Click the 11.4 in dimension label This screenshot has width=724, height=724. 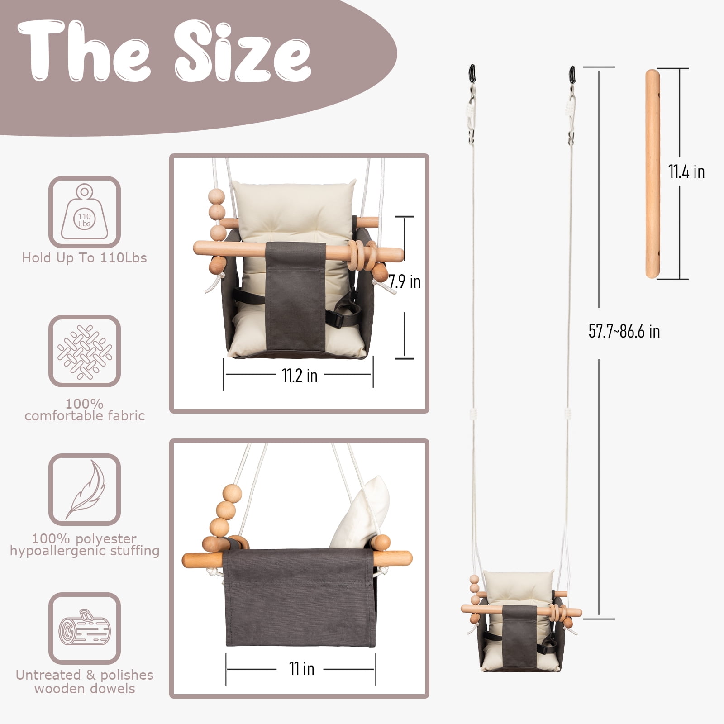click(x=686, y=172)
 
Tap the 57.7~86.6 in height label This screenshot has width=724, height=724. click(x=624, y=332)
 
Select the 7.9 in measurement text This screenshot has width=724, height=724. click(x=405, y=282)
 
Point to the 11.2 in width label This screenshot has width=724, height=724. click(x=299, y=375)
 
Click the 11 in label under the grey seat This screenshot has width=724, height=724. click(x=301, y=668)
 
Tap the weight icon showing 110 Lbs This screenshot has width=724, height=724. click(x=85, y=212)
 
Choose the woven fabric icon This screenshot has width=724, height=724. click(x=85, y=351)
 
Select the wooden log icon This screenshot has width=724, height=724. click(x=85, y=628)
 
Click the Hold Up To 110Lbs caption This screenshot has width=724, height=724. click(x=85, y=258)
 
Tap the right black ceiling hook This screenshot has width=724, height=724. click(x=572, y=74)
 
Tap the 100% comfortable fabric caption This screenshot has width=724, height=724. click(x=85, y=410)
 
